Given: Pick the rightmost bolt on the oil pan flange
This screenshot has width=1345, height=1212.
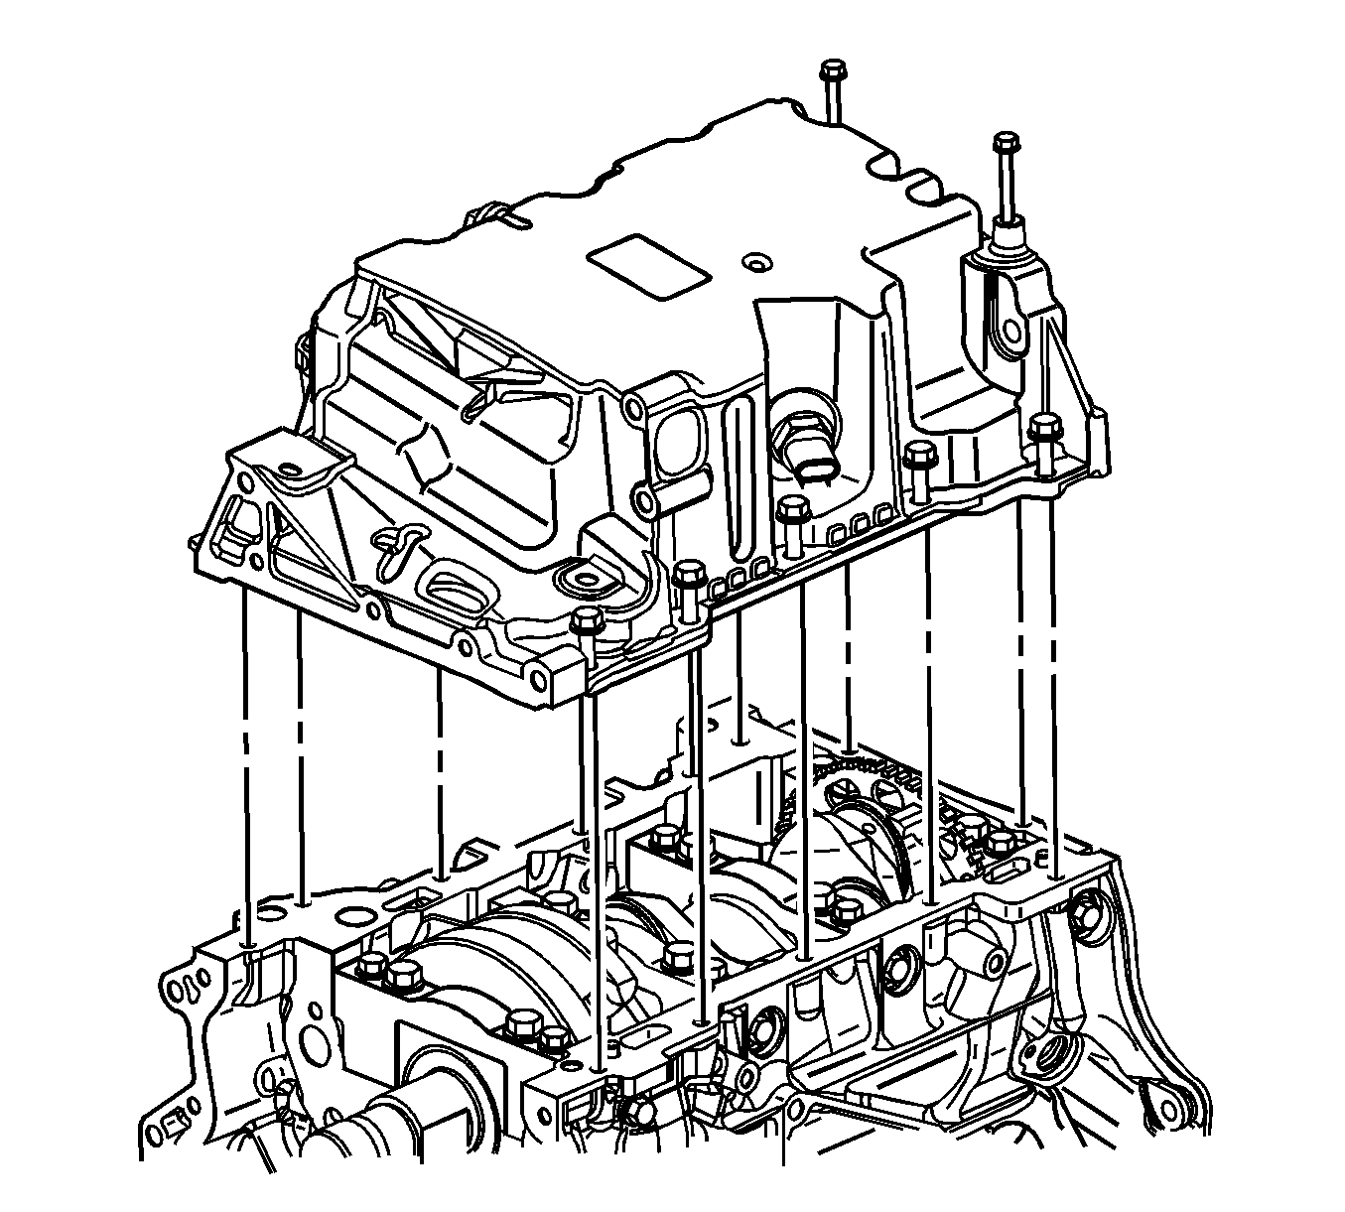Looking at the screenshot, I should (x=1040, y=428).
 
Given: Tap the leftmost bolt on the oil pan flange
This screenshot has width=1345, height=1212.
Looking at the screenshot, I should (x=587, y=623).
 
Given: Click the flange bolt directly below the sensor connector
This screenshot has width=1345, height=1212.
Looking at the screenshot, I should (x=791, y=512).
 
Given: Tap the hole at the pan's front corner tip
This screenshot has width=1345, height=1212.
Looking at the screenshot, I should (x=538, y=681).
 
